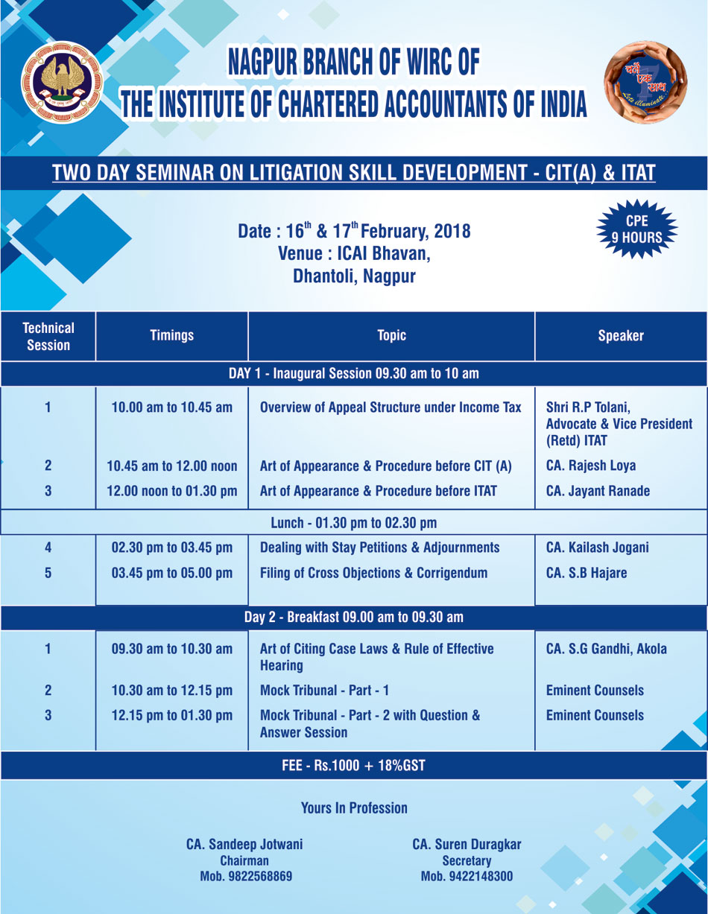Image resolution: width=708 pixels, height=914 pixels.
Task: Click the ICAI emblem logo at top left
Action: point(61,81)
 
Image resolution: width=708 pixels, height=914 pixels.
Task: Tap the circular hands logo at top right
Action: point(645,82)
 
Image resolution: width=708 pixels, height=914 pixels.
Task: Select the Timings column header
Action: point(171,336)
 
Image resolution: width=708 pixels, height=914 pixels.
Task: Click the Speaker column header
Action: point(620,336)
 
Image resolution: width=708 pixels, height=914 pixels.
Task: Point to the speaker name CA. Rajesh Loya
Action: point(591,466)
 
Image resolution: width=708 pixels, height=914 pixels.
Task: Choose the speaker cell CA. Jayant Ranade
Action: point(598,491)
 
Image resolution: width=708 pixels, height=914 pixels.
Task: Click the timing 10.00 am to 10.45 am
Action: point(171,407)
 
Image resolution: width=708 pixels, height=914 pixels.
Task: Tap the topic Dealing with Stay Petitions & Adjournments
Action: point(379,548)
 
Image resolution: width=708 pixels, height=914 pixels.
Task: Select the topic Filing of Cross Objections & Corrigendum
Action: point(373,573)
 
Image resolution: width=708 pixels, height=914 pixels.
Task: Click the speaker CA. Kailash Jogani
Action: point(597,548)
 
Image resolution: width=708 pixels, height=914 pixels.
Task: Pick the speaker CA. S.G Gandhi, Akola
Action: point(606,649)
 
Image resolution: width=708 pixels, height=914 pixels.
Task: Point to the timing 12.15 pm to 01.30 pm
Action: point(171,715)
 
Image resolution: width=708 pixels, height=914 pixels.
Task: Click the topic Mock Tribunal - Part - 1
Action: point(324,691)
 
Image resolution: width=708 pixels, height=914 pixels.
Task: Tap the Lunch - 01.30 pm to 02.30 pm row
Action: point(353,522)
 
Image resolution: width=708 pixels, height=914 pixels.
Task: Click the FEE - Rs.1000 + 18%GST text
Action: point(353,766)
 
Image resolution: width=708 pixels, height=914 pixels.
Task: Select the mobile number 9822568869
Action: point(245,876)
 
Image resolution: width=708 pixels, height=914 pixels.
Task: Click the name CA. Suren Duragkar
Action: point(467,845)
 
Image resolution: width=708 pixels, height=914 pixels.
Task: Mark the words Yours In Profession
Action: point(354,807)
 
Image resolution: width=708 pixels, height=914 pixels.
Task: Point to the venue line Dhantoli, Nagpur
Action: point(354,276)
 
